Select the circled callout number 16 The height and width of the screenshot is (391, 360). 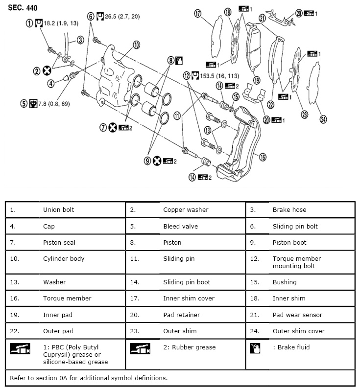pos(263,157)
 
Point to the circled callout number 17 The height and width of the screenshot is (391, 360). pos(198,14)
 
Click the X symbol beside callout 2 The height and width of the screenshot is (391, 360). pos(47,70)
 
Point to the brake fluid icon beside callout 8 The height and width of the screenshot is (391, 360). pos(179,61)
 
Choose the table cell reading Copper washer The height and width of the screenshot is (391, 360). pos(186,210)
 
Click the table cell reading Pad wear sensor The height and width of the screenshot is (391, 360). pos(297,315)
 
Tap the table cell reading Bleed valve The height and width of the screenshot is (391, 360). pos(179,226)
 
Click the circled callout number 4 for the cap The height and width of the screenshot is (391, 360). pos(50,83)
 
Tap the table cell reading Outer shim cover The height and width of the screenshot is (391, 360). pos(298,331)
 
